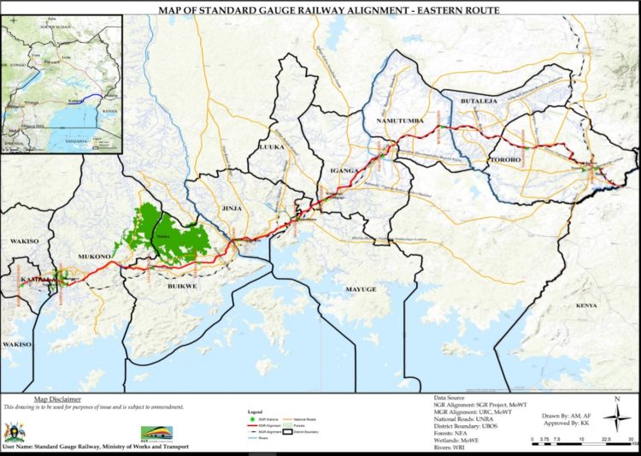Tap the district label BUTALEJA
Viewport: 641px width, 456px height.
[479, 102]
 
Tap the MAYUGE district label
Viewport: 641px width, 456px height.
[360, 290]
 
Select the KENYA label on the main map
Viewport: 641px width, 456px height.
[586, 305]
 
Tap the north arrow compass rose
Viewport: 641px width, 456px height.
[616, 415]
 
